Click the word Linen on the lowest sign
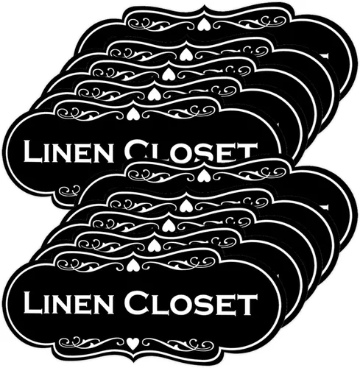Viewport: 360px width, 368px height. coord(68,302)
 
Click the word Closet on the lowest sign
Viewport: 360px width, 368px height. coord(191,302)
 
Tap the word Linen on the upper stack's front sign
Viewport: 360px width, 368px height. coord(68,151)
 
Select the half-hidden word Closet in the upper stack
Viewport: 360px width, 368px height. coord(191,149)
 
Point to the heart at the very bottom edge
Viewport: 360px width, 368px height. coord(133,344)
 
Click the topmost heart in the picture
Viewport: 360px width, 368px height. coord(202,24)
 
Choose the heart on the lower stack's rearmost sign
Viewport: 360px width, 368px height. coord(202,175)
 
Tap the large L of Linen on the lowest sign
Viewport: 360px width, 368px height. coord(32,302)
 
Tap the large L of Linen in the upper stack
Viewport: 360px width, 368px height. coord(32,151)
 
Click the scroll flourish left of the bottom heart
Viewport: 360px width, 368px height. coord(92,343)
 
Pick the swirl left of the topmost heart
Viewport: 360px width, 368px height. coord(162,24)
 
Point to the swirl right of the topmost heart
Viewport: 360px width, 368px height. coord(246,23)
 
